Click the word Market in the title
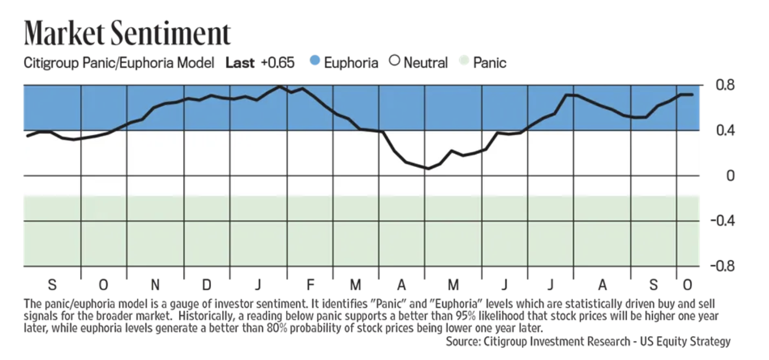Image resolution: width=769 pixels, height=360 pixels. (64, 34)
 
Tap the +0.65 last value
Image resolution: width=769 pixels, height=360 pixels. (278, 63)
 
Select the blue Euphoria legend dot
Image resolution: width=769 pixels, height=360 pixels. (314, 62)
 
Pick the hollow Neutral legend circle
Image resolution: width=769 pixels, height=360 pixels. (395, 62)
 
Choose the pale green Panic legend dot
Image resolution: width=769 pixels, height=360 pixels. (464, 62)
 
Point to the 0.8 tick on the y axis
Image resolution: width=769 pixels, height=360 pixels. (724, 85)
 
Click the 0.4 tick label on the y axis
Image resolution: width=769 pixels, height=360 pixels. (724, 130)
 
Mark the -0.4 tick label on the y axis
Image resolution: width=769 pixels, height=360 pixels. (722, 221)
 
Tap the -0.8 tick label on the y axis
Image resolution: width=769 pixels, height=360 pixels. (722, 266)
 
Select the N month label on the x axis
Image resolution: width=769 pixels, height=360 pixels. (155, 285)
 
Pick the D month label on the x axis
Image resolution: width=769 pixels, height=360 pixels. (207, 285)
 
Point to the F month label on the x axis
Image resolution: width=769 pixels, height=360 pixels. (310, 285)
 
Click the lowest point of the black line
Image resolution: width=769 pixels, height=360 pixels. (428, 168)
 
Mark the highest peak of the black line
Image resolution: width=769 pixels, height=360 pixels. (279, 86)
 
